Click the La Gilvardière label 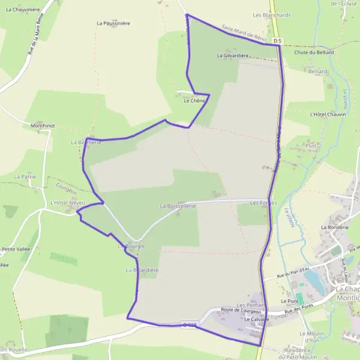click(x=232, y=55)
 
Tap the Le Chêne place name click(x=194, y=101)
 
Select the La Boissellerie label click(x=178, y=206)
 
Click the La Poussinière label click(x=113, y=23)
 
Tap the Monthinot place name click(x=43, y=126)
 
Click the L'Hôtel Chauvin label click(x=328, y=114)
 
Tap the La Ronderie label click(x=335, y=227)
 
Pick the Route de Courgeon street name click(x=241, y=310)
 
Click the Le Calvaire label click(x=255, y=320)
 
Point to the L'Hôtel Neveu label click(x=68, y=203)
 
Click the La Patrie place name click(x=25, y=177)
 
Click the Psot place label click(x=311, y=146)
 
